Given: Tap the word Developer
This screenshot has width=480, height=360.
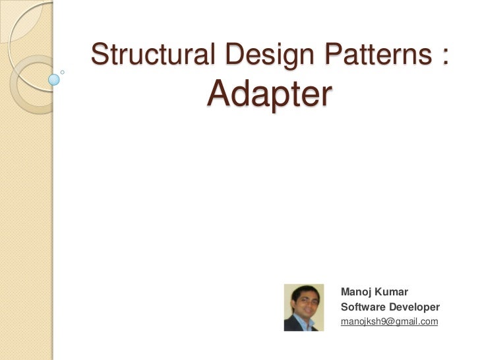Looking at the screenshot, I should pos(414,307).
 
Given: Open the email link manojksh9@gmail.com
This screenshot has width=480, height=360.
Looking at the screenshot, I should pos(389,322).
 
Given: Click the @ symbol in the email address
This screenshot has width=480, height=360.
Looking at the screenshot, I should pos(388,322).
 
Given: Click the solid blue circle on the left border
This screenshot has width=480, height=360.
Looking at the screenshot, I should pos(54,80).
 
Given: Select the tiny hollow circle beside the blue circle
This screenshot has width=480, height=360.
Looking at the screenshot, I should pos(63,71).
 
